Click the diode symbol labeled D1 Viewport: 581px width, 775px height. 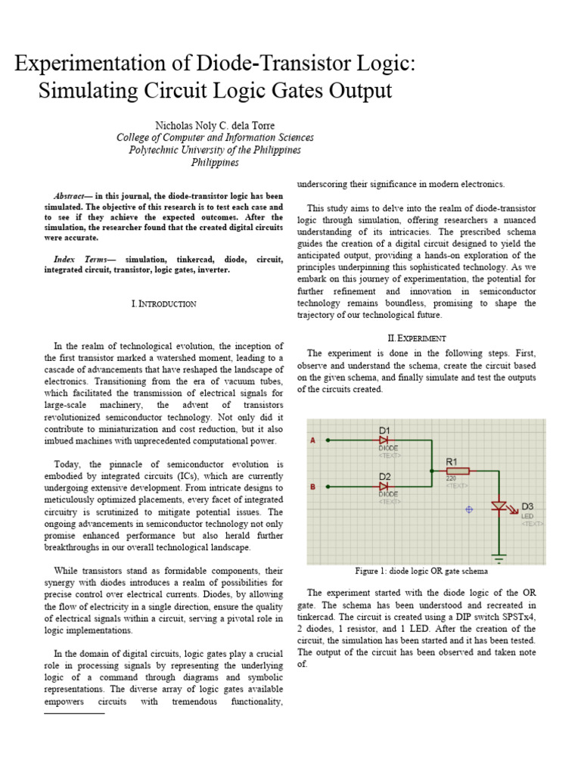click(x=384, y=439)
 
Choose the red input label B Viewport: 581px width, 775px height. click(x=313, y=487)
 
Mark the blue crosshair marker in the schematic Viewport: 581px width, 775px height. click(x=468, y=509)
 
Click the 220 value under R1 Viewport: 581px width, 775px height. click(x=452, y=479)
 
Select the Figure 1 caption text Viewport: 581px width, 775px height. click(x=421, y=571)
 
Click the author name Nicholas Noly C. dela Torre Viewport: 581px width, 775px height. click(x=215, y=125)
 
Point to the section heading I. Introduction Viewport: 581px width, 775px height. click(x=164, y=303)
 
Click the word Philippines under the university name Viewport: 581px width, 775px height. click(x=215, y=162)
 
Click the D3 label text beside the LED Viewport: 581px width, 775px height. click(x=527, y=506)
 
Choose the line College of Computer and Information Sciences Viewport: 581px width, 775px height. click(x=215, y=138)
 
